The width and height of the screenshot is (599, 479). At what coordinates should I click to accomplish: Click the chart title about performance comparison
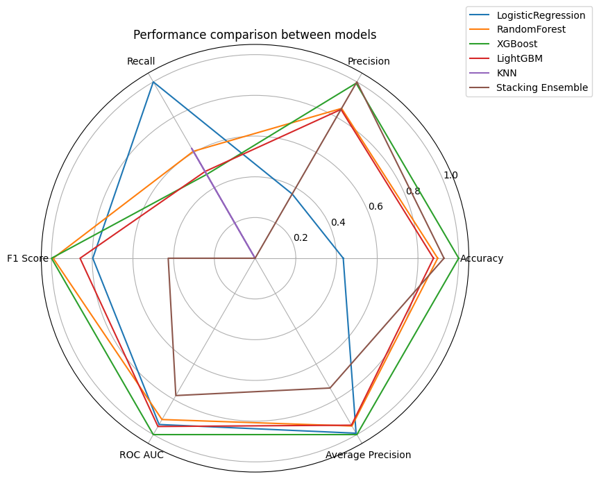point(255,35)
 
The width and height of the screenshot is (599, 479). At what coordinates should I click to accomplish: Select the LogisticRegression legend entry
point(546,15)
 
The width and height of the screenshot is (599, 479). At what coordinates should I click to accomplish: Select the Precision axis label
point(369,61)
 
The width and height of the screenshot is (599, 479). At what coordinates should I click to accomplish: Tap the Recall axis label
point(141,61)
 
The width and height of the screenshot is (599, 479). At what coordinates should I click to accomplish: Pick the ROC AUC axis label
point(142,455)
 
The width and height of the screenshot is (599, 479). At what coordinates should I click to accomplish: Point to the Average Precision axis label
point(369,455)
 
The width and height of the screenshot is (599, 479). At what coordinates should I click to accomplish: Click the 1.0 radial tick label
point(450,175)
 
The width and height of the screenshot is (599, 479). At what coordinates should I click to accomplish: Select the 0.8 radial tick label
point(413,191)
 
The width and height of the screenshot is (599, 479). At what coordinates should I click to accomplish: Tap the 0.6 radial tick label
point(376,206)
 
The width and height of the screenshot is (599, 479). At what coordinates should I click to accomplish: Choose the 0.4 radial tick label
point(338,222)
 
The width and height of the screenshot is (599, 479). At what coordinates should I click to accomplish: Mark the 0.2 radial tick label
point(301,237)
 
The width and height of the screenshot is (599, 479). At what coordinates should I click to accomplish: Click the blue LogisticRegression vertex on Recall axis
point(153,82)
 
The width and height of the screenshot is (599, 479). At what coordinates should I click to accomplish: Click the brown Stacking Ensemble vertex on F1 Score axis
point(168,259)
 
